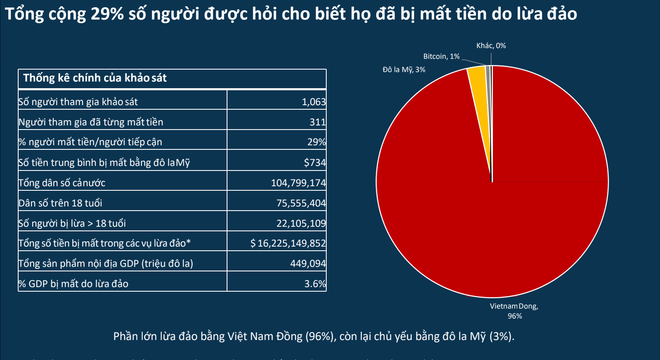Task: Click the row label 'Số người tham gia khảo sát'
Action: (x=69, y=103)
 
